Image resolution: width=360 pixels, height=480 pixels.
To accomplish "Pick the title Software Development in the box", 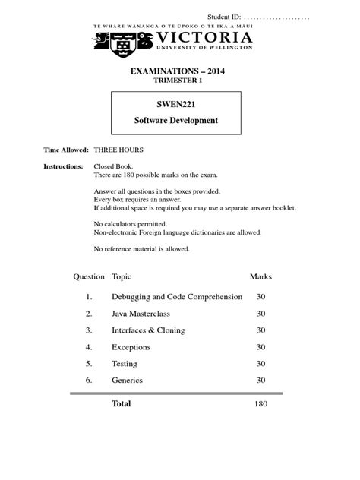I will click(x=176, y=121).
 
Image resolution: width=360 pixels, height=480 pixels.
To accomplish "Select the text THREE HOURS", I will click(x=118, y=150).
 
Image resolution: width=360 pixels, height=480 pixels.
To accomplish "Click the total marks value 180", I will click(x=261, y=404).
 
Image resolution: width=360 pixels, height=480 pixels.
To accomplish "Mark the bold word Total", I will click(x=122, y=404).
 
